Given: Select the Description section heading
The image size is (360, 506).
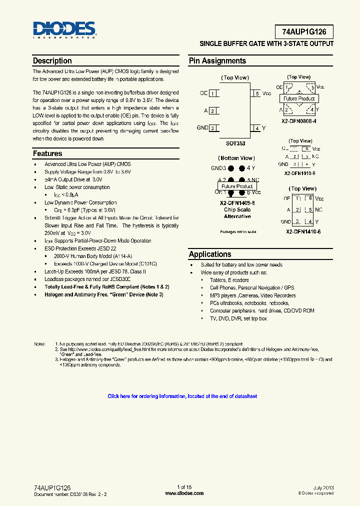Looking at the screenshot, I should [52, 61].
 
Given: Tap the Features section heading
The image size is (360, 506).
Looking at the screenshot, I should [47, 153].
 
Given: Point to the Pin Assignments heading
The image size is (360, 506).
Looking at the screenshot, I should [217, 61].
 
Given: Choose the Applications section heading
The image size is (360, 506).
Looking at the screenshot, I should [210, 254].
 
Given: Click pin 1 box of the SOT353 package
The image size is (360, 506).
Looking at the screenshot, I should [213, 93].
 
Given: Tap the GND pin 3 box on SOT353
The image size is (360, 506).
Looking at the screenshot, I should [213, 128].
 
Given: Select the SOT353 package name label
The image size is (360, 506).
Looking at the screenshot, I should [235, 143].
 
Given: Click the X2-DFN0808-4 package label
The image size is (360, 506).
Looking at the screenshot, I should [299, 121].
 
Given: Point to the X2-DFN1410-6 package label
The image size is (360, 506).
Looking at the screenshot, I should [303, 232].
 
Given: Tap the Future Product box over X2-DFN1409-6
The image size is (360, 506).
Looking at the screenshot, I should [237, 186].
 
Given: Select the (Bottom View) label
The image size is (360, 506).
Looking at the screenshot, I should [237, 158].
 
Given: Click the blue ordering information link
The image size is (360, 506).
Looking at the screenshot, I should [182, 396].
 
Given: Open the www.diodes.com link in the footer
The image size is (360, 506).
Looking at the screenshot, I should [184, 493].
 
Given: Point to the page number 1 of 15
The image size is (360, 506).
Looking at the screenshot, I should [184, 487].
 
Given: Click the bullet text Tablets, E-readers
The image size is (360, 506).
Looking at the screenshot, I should [229, 280].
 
